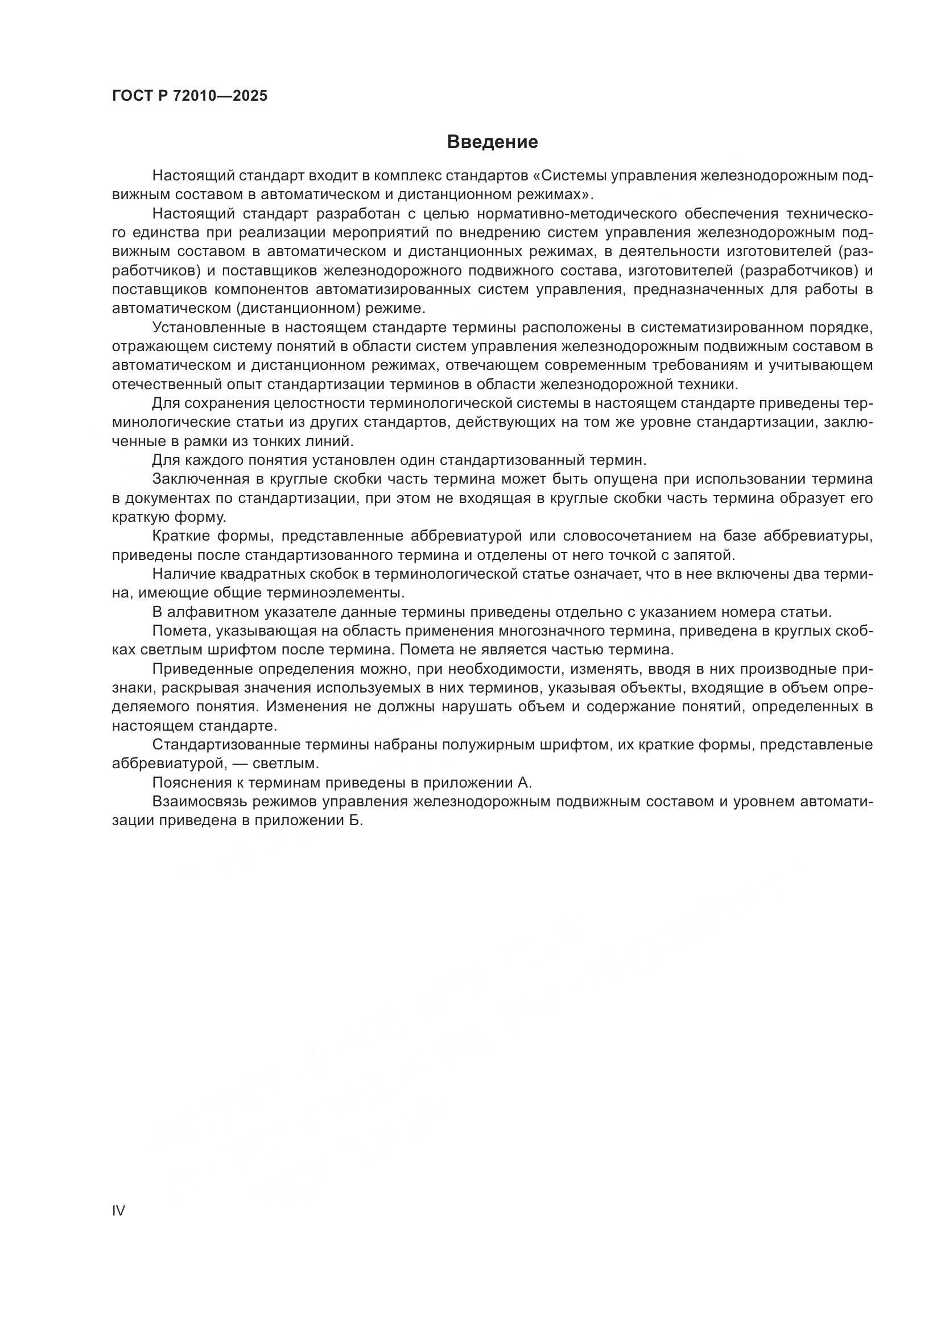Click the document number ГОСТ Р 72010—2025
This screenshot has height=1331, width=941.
[189, 96]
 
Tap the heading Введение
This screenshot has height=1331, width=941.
[493, 142]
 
